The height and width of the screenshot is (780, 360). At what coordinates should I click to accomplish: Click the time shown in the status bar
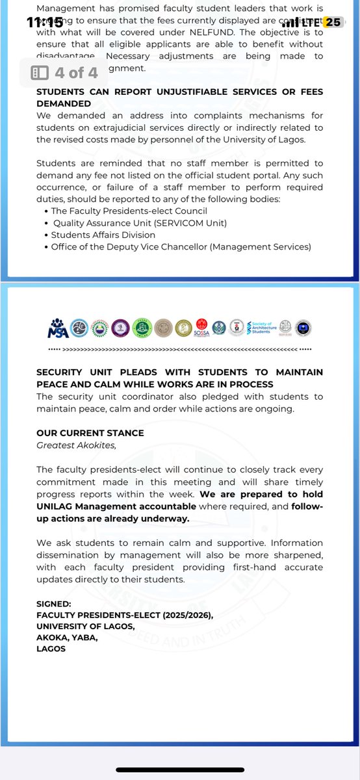(45, 21)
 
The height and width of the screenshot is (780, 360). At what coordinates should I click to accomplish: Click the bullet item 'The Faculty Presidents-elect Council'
(129, 211)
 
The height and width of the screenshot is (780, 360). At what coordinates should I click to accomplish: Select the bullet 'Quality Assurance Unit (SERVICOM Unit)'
(139, 222)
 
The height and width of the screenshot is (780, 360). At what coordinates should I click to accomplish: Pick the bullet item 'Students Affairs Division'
(103, 234)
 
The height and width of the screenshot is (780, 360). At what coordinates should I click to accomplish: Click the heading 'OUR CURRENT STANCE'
(90, 433)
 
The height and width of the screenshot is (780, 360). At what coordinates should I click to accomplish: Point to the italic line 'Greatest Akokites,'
(73, 445)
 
